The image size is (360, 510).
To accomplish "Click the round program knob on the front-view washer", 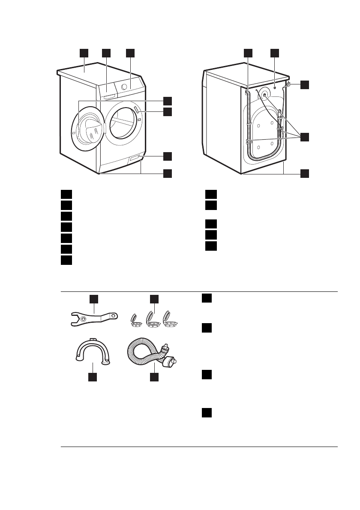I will [x=124, y=86].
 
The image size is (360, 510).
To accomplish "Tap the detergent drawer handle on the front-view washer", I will [x=109, y=96].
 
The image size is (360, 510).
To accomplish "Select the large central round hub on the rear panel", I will [x=264, y=96].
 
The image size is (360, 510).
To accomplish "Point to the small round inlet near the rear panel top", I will [x=274, y=87].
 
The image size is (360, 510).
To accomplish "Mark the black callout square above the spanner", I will [x=94, y=298].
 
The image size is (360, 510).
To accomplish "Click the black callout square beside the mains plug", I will [x=304, y=84].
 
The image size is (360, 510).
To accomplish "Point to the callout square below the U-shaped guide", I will [x=93, y=377].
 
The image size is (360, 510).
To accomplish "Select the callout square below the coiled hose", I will [x=154, y=377].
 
